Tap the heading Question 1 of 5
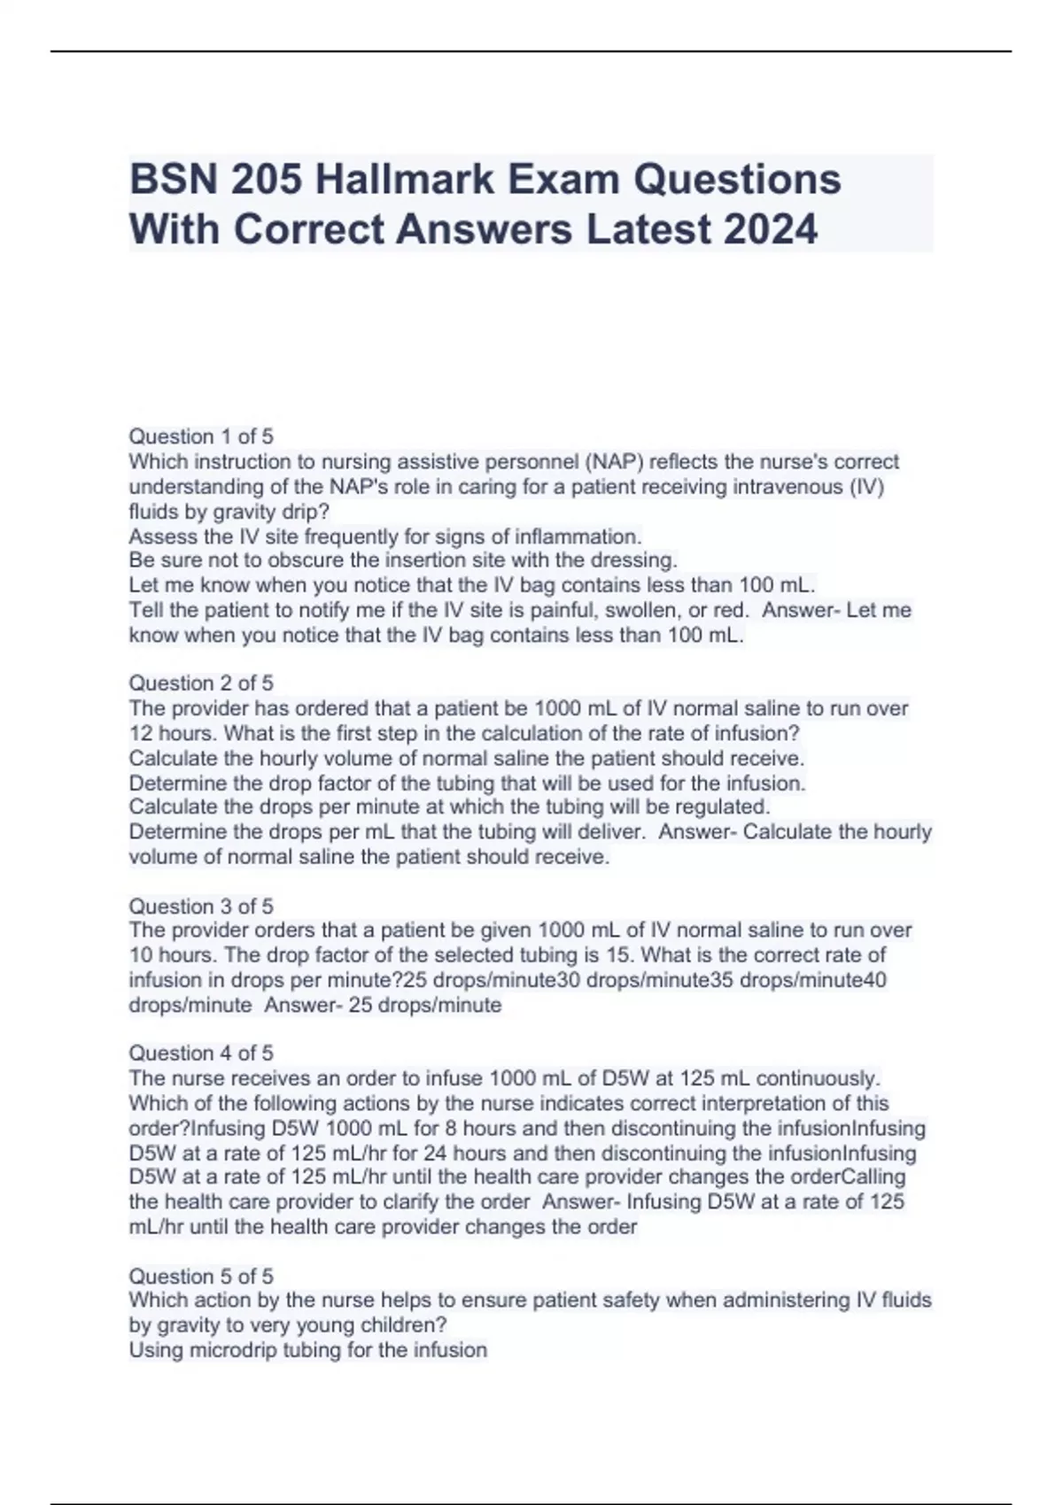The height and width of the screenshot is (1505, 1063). pyautogui.click(x=201, y=436)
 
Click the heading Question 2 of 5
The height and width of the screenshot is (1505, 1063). pyautogui.click(x=201, y=683)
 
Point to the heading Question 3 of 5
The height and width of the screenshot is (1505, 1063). pyautogui.click(x=201, y=906)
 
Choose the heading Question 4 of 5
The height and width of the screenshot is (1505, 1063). pyautogui.click(x=201, y=1053)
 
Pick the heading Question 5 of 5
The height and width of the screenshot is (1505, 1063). pyautogui.click(x=201, y=1276)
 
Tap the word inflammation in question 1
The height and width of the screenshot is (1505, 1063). pyautogui.click(x=584, y=536)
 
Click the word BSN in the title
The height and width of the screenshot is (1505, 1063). pyautogui.click(x=173, y=180)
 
